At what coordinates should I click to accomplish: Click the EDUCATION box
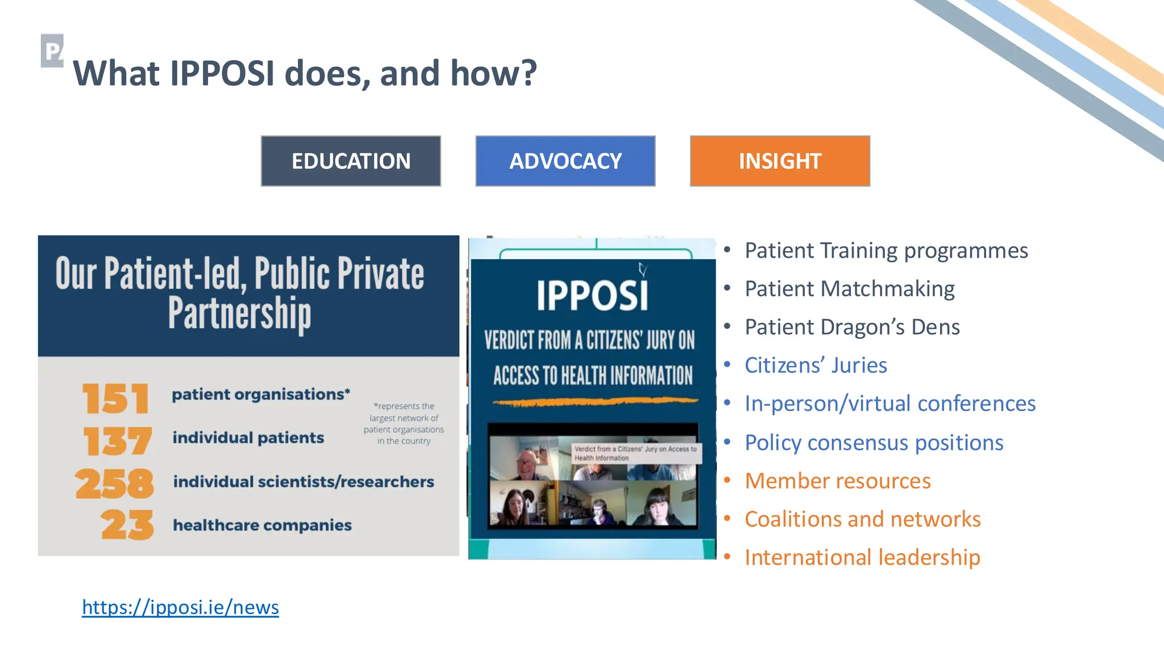pos(351,161)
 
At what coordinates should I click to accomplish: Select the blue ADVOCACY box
pos(565,161)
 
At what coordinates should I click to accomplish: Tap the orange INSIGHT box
pos(780,161)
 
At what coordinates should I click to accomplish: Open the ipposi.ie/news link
pos(180,607)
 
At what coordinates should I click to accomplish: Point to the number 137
pos(117,441)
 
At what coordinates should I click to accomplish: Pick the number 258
pos(114,484)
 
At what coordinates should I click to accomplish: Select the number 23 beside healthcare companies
pos(127,525)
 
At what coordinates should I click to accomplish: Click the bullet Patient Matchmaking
pos(849,289)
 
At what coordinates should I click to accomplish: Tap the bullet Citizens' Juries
pos(816,365)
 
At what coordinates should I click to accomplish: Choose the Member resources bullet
pos(837,481)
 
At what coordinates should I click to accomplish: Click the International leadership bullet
pos(862,557)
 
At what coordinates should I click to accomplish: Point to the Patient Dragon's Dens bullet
pos(852,327)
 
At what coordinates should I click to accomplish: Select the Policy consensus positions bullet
pos(874,442)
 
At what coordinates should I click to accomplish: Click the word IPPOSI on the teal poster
pos(592,296)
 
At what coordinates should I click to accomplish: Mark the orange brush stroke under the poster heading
pos(595,402)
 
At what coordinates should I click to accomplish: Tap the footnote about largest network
pos(404,423)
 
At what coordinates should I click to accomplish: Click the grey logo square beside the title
pos(52,51)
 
